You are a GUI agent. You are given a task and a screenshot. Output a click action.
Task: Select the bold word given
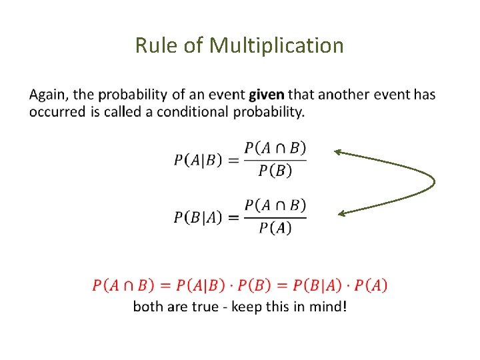(267, 95)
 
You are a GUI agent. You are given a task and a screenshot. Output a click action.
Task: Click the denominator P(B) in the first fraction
(275, 171)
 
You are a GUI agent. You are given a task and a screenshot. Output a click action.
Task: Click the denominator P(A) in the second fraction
(275, 228)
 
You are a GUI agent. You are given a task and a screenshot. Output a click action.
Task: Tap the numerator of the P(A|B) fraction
(275, 147)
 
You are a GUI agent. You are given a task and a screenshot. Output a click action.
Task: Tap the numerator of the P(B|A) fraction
(275, 205)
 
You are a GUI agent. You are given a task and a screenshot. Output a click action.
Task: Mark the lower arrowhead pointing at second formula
(342, 213)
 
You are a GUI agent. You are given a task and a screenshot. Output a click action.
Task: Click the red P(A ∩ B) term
(125, 285)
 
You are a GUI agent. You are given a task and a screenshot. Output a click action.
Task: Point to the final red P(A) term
(371, 285)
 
